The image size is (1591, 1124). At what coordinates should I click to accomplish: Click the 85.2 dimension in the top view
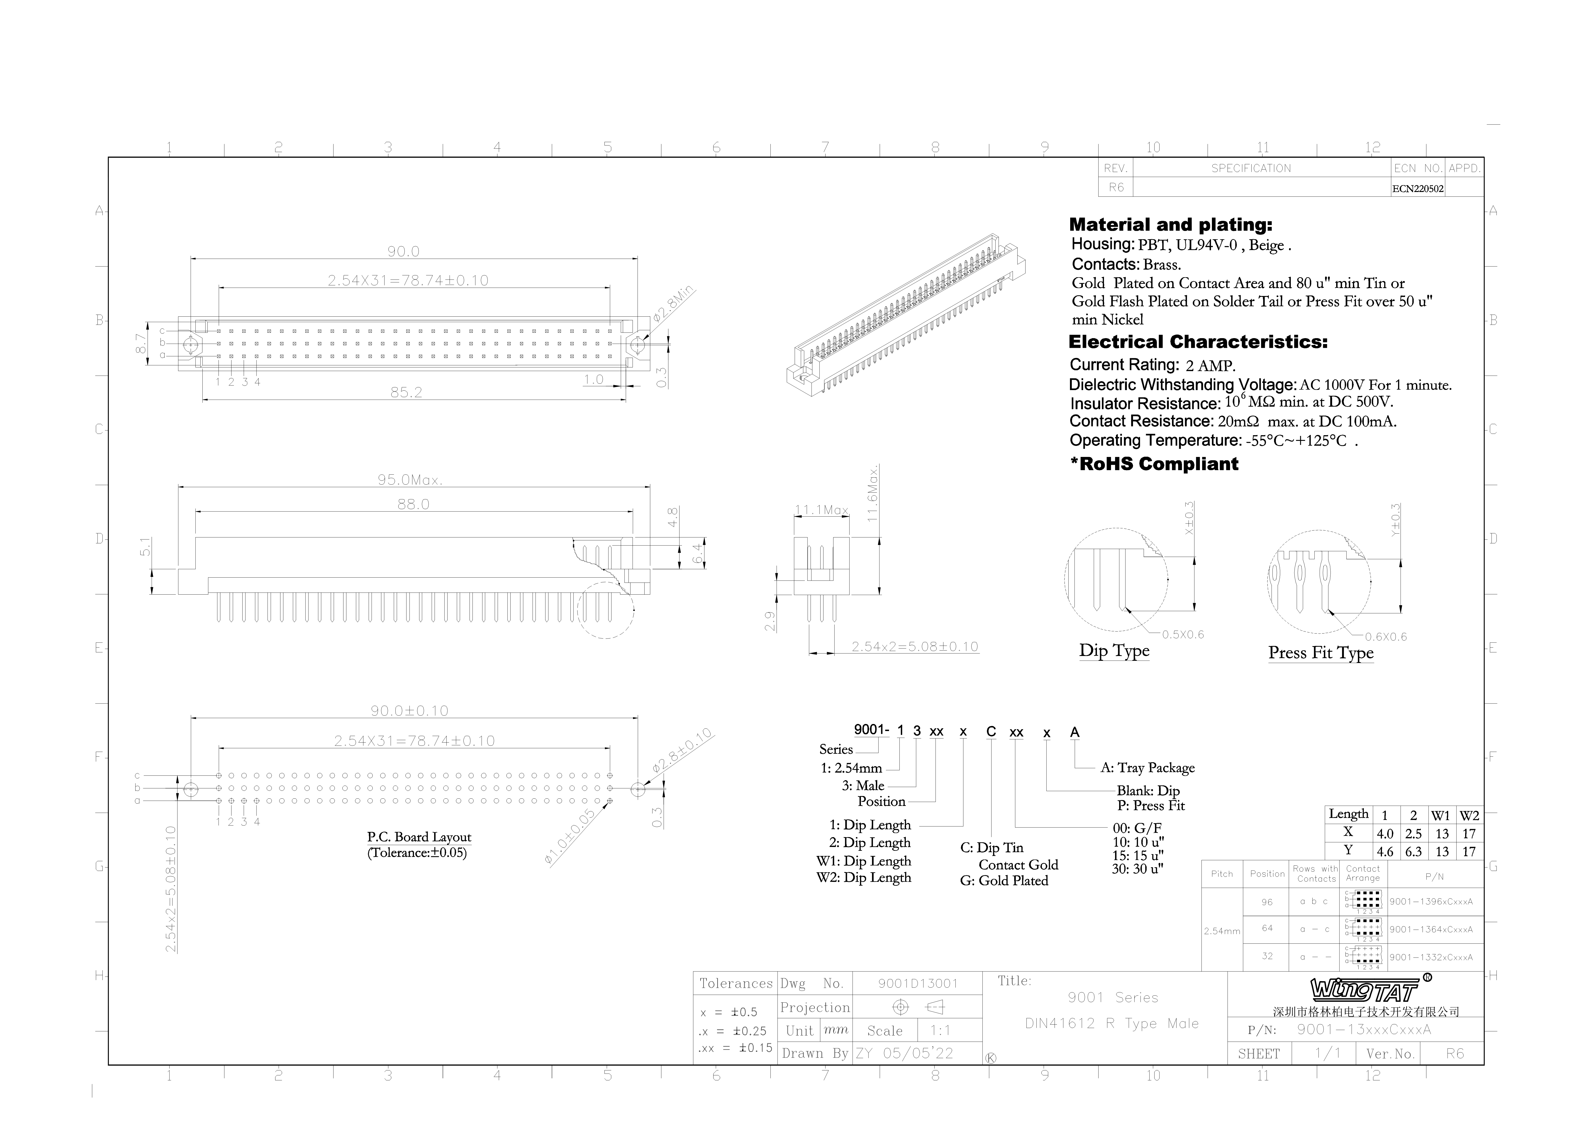(406, 392)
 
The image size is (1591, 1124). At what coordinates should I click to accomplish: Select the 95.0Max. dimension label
(410, 480)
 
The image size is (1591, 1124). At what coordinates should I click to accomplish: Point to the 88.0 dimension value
(414, 504)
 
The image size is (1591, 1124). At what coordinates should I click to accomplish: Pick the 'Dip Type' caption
(1114, 651)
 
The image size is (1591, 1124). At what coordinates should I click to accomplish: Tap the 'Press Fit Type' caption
(1321, 653)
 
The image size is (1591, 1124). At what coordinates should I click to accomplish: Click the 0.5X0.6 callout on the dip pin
(1183, 635)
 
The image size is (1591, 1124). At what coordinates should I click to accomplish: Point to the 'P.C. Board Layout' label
(419, 837)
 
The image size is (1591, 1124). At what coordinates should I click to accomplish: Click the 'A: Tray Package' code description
(1147, 768)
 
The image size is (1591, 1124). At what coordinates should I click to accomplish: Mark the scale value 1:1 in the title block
(940, 1030)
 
